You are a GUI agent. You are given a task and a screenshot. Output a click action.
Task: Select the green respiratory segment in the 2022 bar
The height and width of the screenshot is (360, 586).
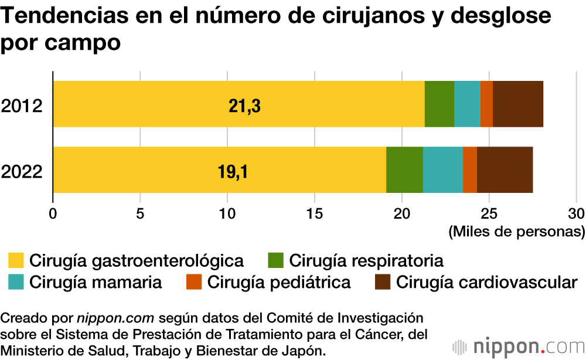(404, 169)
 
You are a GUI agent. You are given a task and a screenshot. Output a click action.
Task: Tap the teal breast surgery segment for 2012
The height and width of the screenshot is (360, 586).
(467, 104)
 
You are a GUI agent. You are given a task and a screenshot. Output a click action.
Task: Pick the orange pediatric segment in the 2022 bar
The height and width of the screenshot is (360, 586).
(470, 169)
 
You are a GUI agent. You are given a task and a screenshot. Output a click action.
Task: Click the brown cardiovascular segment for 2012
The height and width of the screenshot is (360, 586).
(518, 104)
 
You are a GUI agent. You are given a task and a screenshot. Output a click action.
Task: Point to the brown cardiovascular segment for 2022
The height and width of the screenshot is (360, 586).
(505, 169)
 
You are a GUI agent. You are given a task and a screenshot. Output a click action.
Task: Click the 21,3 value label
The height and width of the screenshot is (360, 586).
(244, 106)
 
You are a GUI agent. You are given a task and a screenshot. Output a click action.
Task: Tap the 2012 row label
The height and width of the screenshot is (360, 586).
(22, 107)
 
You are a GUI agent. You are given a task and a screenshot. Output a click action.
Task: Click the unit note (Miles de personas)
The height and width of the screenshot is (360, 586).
(516, 232)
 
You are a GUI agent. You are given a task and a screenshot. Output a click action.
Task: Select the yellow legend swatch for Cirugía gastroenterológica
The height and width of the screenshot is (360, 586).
(16, 260)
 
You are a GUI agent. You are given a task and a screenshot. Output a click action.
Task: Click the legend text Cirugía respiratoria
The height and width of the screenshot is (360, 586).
(366, 260)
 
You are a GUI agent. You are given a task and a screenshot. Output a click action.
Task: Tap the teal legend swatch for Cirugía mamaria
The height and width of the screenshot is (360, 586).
(16, 282)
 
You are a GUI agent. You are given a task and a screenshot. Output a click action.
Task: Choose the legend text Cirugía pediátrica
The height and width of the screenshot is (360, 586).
(278, 282)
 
